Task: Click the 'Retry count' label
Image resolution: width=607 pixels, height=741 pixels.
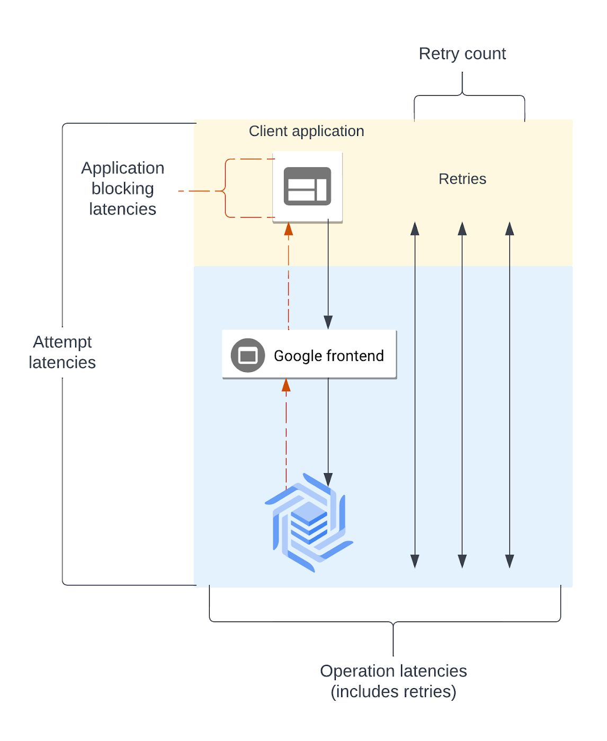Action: pyautogui.click(x=462, y=54)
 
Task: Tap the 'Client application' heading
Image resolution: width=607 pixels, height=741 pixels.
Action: pyautogui.click(x=306, y=131)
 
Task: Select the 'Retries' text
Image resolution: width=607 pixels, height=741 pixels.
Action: pyautogui.click(x=462, y=179)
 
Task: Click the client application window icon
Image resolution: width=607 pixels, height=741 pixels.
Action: pyautogui.click(x=307, y=186)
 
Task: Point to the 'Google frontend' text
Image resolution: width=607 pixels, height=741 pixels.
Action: pyautogui.click(x=328, y=356)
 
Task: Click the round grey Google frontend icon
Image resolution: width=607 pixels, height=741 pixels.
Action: pyautogui.click(x=247, y=355)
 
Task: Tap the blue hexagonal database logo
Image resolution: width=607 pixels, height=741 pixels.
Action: pyautogui.click(x=309, y=523)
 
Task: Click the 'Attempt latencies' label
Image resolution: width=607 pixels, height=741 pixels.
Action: pyautogui.click(x=62, y=352)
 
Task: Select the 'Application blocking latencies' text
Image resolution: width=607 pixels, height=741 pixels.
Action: pyautogui.click(x=122, y=188)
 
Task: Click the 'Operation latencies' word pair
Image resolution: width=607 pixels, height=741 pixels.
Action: pyautogui.click(x=393, y=671)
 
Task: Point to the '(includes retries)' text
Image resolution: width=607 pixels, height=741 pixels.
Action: pyautogui.click(x=393, y=692)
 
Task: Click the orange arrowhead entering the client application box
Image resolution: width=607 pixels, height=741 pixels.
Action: pyautogui.click(x=289, y=229)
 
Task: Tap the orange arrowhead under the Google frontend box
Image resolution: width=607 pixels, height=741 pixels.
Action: pyautogui.click(x=286, y=385)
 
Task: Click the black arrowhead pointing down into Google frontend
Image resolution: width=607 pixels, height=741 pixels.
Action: pyautogui.click(x=328, y=322)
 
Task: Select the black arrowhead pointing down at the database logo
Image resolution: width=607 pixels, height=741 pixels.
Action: pyautogui.click(x=328, y=480)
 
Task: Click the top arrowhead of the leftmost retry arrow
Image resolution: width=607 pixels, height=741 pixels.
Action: pyautogui.click(x=415, y=229)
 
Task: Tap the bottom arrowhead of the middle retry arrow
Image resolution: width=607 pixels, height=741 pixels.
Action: pyautogui.click(x=462, y=561)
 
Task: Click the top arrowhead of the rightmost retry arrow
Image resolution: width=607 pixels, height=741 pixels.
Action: pyautogui.click(x=510, y=229)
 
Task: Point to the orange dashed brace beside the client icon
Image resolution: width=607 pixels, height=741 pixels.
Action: pyautogui.click(x=226, y=189)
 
